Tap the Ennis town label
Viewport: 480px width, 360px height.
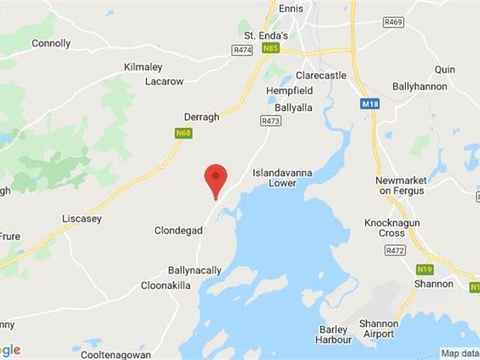click(290, 9)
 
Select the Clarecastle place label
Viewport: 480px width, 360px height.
click(321, 75)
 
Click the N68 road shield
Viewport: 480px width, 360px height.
click(183, 133)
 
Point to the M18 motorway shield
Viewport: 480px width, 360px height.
click(369, 104)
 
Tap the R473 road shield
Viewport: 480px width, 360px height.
click(270, 121)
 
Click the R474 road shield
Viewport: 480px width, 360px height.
click(241, 50)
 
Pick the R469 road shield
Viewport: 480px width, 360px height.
click(393, 23)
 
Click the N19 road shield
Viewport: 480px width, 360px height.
click(425, 269)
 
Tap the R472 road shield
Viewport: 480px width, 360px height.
click(394, 250)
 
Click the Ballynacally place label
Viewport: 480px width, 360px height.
click(194, 271)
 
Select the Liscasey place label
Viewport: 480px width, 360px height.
click(82, 218)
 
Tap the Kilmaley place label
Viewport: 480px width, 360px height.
click(144, 67)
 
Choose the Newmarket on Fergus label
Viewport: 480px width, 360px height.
click(400, 185)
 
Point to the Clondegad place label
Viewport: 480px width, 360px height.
click(178, 231)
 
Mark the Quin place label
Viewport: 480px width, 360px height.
click(445, 70)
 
